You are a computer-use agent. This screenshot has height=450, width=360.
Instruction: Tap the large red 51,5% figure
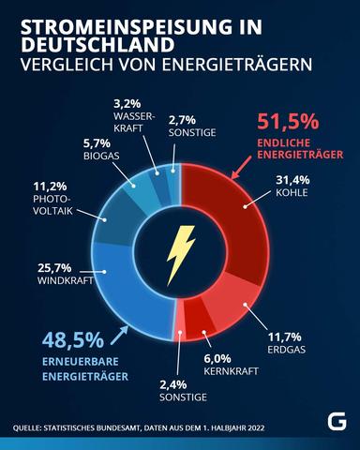click(x=288, y=122)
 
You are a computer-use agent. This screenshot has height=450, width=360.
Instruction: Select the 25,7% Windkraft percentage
click(x=57, y=268)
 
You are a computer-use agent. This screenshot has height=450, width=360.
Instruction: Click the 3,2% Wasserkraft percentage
click(x=126, y=103)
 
